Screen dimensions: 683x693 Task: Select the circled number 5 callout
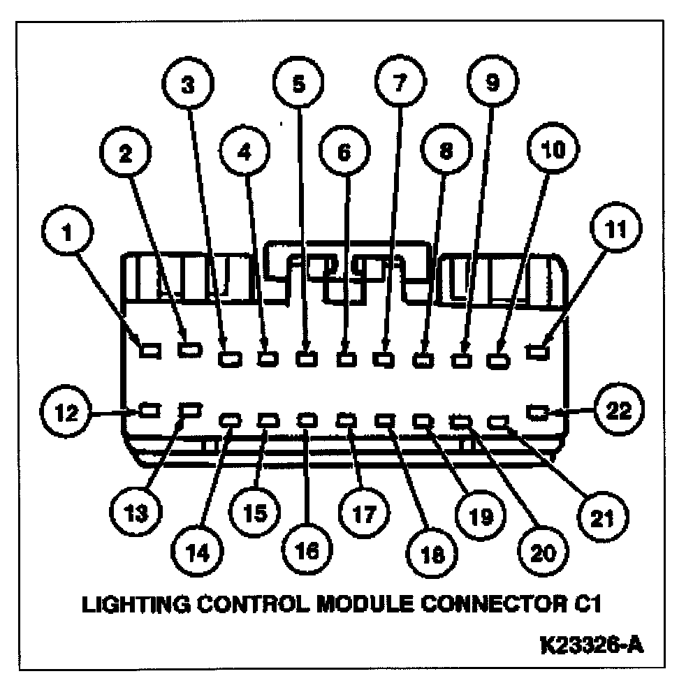pyautogui.click(x=298, y=85)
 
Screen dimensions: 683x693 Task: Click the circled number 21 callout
pyautogui.click(x=602, y=517)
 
